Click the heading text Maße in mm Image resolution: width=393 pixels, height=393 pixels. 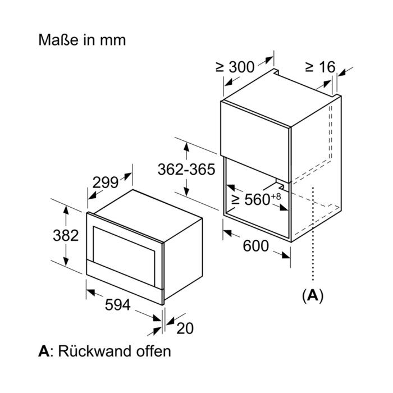pos(82,40)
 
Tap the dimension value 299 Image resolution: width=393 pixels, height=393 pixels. pos(106,182)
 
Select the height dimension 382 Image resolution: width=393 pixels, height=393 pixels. pos(66,236)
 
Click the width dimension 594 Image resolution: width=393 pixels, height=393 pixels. pos(117,304)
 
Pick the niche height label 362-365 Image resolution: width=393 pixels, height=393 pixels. pos(186,169)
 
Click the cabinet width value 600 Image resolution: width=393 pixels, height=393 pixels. pos(255,246)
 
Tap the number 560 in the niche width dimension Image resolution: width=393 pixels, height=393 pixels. pos(257,199)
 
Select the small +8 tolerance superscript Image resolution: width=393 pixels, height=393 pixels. pos(276,196)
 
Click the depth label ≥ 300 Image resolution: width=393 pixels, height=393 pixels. pos(235,67)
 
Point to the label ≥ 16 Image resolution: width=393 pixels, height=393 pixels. pos(321,67)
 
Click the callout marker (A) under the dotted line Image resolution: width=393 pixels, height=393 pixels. pos(313,296)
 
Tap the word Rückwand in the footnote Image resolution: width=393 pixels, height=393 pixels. pos(93,351)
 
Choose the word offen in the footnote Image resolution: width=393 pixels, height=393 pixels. pos(153,351)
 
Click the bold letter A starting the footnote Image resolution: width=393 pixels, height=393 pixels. pos(44,351)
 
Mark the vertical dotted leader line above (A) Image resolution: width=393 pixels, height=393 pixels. pos(313,233)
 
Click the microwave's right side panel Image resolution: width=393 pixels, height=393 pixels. pos(183,258)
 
